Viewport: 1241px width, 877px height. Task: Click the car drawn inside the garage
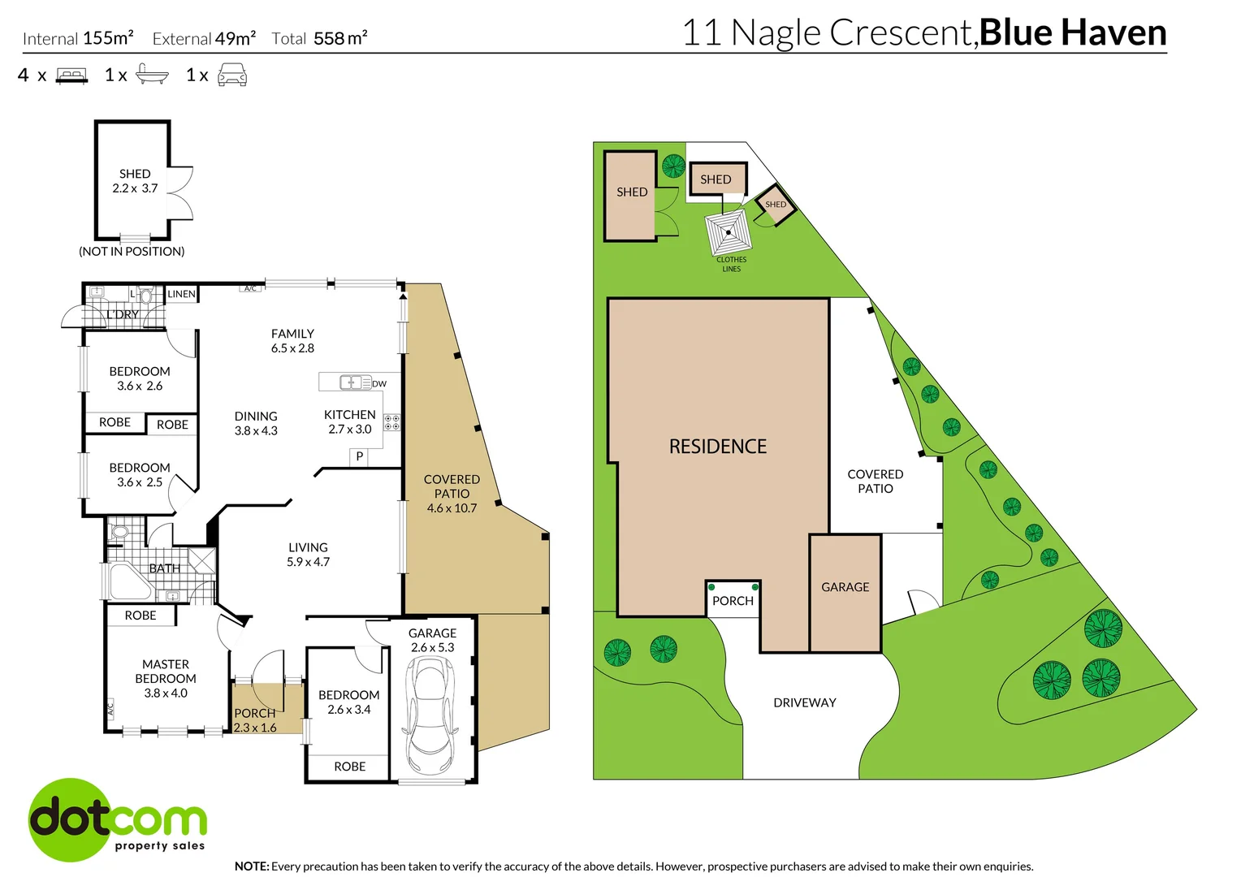click(x=430, y=715)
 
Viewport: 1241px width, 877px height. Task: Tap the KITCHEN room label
click(x=349, y=415)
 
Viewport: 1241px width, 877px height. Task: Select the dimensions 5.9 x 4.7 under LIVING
click(x=308, y=562)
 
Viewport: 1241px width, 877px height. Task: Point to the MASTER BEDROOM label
click(x=166, y=672)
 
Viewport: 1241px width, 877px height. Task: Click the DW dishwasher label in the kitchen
click(x=379, y=383)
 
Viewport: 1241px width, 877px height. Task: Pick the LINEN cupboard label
click(x=181, y=294)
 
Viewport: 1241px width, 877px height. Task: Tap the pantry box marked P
click(x=359, y=456)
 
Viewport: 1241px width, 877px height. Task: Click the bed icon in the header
click(x=71, y=76)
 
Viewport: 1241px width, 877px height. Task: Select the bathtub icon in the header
click(x=152, y=75)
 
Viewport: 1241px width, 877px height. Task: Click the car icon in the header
click(x=232, y=76)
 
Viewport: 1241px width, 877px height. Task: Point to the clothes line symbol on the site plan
click(x=729, y=233)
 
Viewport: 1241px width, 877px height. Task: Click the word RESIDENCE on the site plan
click(x=717, y=447)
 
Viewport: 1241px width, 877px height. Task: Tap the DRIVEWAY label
click(x=804, y=702)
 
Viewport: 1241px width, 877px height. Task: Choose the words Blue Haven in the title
click(x=1072, y=32)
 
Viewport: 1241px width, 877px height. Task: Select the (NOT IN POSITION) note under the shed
click(x=132, y=252)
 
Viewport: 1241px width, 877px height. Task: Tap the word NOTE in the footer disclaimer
click(x=251, y=866)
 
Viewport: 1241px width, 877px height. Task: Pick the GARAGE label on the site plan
click(x=845, y=587)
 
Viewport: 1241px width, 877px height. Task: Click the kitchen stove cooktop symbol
click(x=391, y=422)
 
